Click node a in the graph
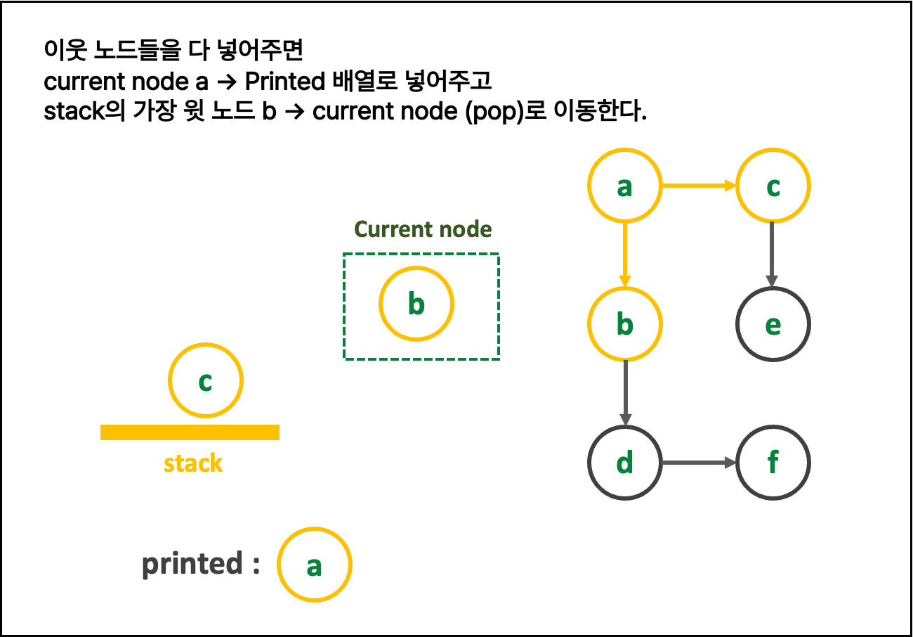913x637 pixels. pos(624,186)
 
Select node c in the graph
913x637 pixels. pos(773,186)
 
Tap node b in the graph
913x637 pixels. pos(624,324)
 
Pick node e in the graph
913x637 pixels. pos(773,324)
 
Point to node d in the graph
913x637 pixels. pos(624,463)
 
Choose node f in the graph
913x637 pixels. pos(773,463)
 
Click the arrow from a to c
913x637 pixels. pos(698,186)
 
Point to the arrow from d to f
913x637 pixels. pos(698,463)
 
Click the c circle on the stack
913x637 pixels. pos(205,380)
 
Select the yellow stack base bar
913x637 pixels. pos(190,432)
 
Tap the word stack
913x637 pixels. pos(193,464)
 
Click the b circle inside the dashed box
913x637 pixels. pos(416,304)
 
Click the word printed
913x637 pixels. pos(192,565)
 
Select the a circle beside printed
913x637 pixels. pos(314,565)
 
